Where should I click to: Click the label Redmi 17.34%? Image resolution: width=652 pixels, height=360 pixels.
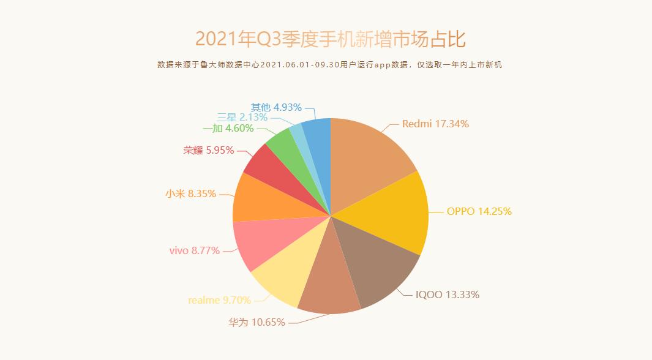click(x=435, y=124)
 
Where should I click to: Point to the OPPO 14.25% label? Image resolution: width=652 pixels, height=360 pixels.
click(x=479, y=211)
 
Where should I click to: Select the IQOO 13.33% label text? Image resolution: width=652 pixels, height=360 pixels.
click(x=447, y=294)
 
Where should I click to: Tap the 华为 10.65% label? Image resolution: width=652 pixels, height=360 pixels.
click(x=257, y=321)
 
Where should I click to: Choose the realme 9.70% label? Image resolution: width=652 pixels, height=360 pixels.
click(x=219, y=300)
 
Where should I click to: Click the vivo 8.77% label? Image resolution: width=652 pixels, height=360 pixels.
click(x=194, y=250)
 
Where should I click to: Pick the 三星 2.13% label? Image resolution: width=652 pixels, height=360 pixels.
click(x=243, y=117)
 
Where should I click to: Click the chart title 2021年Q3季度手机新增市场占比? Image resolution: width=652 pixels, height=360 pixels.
click(x=331, y=39)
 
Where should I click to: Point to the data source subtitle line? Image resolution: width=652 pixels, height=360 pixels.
click(x=329, y=65)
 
